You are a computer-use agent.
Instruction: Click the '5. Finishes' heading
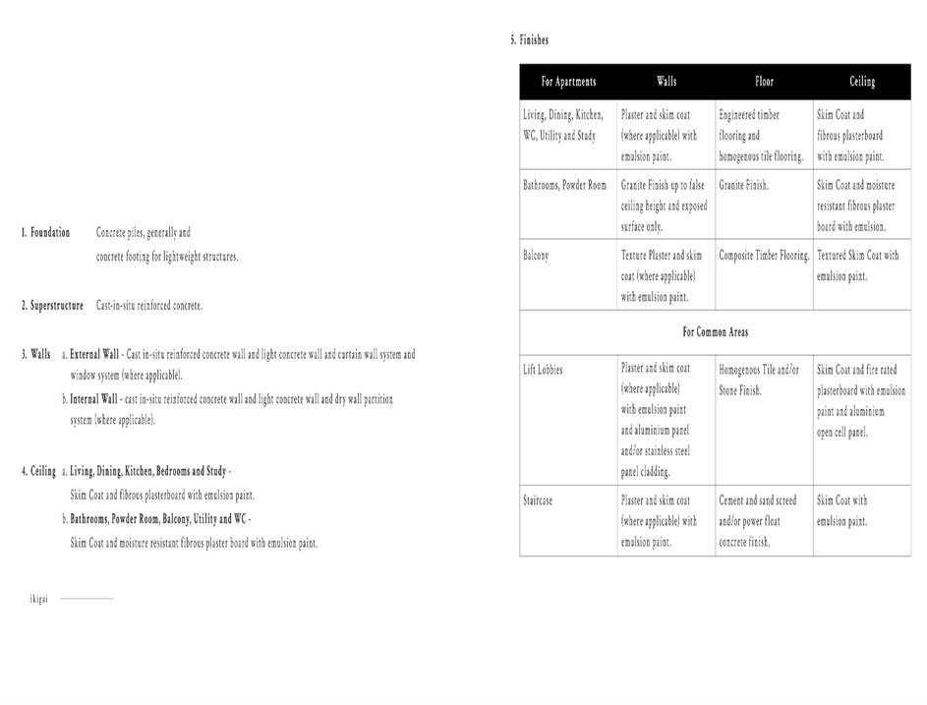tap(529, 40)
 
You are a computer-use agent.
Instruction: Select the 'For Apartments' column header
tap(568, 82)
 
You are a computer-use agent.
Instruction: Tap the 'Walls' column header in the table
tap(666, 82)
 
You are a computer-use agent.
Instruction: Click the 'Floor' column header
tap(764, 82)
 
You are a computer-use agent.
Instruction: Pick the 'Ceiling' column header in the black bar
tap(862, 82)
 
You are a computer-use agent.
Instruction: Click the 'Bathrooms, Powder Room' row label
tap(564, 185)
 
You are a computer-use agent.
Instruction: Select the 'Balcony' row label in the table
tap(536, 256)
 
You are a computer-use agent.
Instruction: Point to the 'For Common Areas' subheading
tap(715, 332)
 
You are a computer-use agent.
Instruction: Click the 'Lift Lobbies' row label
tap(543, 370)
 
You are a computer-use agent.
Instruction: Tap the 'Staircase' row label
tap(538, 500)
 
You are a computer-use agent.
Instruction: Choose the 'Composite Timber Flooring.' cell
tap(764, 256)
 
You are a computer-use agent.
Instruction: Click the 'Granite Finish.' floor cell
tap(743, 185)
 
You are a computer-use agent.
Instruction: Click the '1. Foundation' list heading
tap(45, 233)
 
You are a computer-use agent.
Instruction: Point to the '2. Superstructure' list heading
tap(52, 306)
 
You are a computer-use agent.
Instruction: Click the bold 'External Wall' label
tap(94, 354)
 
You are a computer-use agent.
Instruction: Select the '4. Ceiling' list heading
tap(39, 471)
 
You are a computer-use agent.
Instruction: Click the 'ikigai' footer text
tap(38, 599)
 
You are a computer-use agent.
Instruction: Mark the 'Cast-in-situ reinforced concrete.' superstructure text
tap(149, 306)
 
